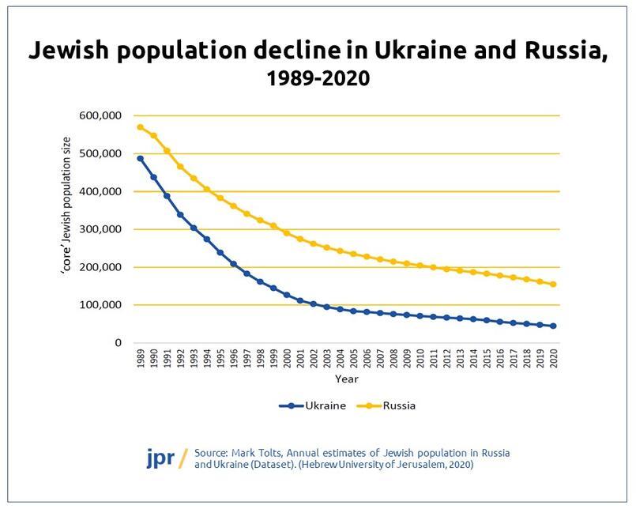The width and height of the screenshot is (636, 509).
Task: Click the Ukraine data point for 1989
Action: click(140, 159)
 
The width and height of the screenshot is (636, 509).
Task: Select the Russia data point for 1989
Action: click(140, 127)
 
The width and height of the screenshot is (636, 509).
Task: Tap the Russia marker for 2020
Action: click(553, 285)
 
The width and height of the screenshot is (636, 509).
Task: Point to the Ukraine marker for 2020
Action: click(553, 326)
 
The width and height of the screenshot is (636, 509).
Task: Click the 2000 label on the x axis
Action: click(287, 360)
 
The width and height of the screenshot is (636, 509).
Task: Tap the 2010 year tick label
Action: click(420, 360)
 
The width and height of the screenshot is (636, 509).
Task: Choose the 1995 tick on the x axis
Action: click(220, 360)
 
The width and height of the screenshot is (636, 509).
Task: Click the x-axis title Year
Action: click(346, 379)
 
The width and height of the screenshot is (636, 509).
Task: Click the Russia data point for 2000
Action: click(287, 233)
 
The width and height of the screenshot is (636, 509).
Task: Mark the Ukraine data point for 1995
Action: click(220, 252)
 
